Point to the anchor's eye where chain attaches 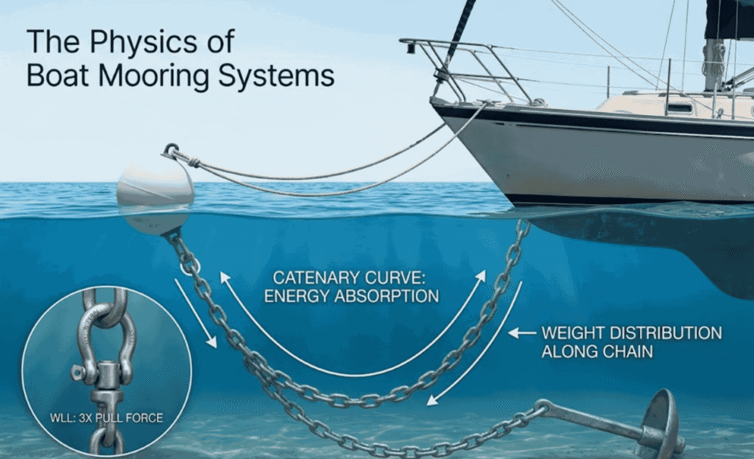[x=543, y=406]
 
